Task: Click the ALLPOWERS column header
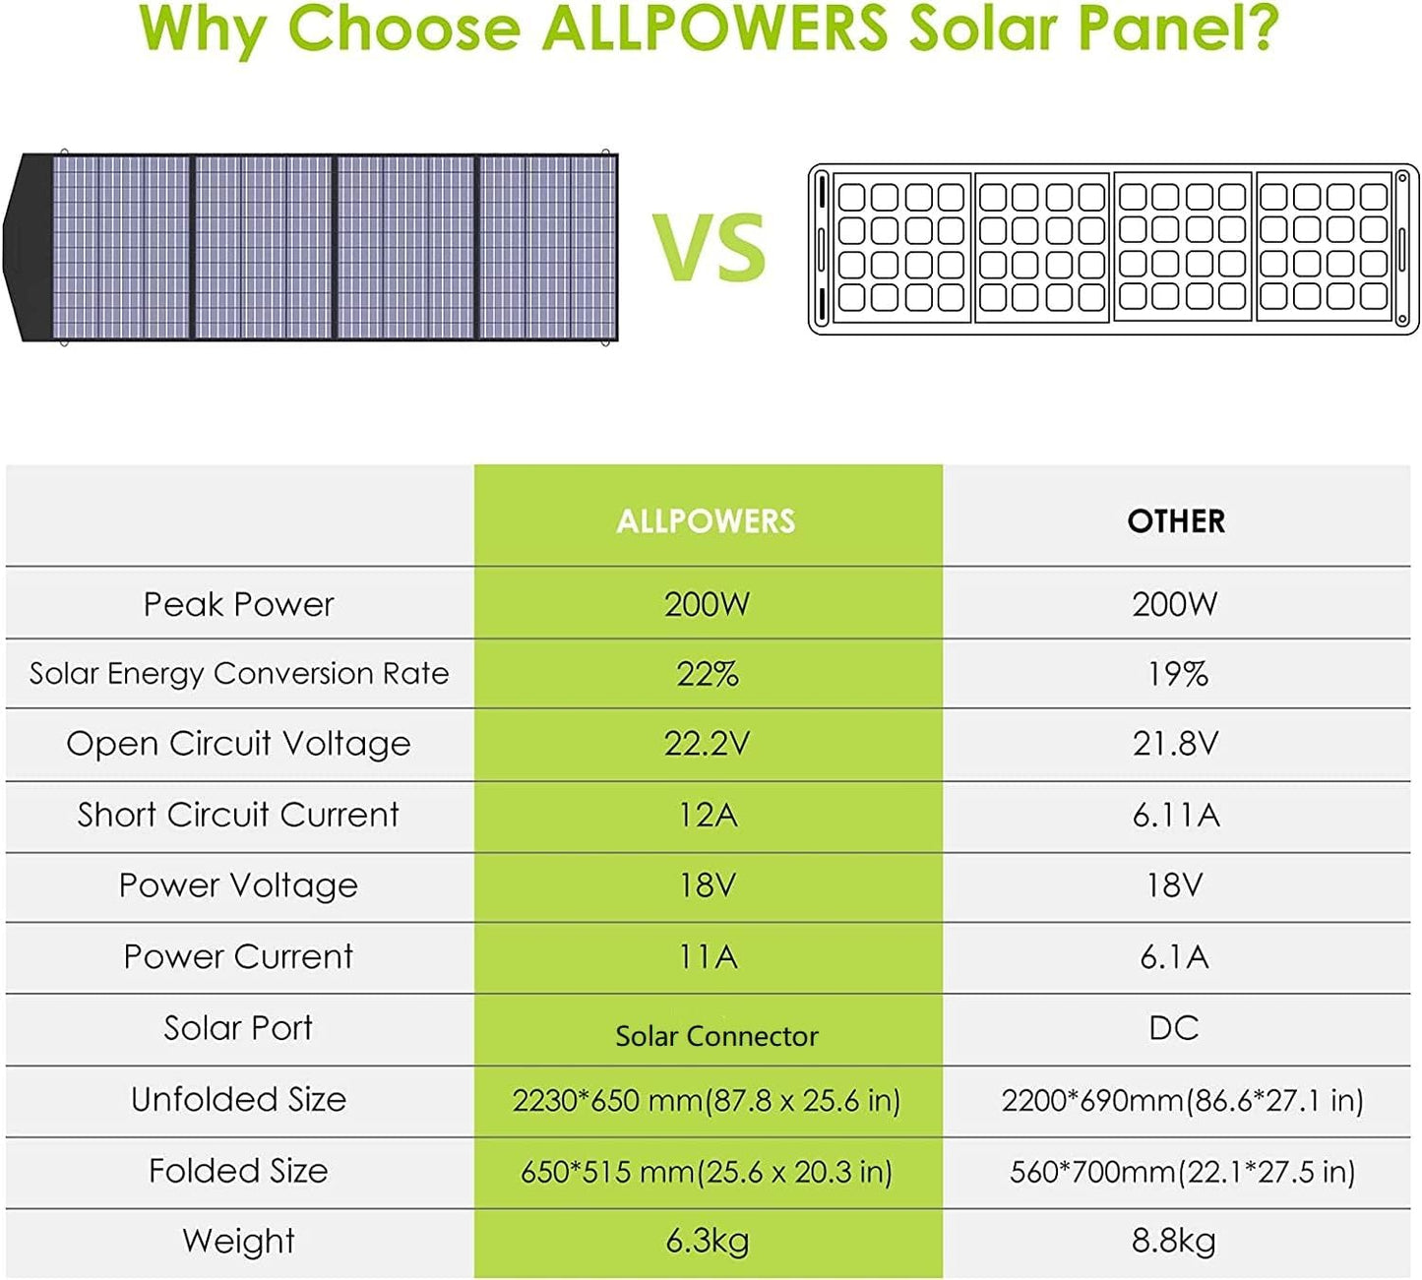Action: point(706,520)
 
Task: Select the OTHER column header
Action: point(1176,520)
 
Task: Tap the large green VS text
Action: point(710,248)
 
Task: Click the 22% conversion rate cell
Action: point(707,674)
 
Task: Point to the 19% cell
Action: point(1177,674)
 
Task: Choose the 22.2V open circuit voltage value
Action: point(707,744)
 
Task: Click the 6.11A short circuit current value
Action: point(1176,815)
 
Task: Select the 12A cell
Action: point(707,815)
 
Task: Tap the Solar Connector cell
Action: point(716,1035)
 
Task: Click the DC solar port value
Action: point(1174,1028)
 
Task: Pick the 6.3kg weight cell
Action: point(707,1241)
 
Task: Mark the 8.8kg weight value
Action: point(1173,1241)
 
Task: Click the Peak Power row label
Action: point(238,604)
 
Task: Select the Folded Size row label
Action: point(238,1171)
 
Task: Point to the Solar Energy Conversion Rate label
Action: point(238,674)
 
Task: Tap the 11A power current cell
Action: point(707,956)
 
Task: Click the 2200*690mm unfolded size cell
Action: point(1182,1100)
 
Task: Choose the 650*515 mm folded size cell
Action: point(707,1172)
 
